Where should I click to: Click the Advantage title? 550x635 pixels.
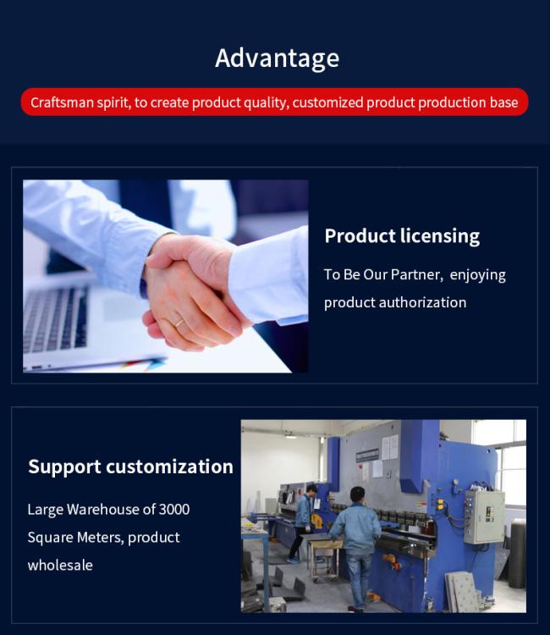278,58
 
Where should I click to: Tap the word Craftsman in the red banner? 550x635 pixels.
63,102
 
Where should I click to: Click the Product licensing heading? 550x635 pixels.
402,236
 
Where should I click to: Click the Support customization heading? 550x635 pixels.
130,467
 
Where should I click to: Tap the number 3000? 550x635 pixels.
174,509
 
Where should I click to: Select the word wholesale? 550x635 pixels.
60,565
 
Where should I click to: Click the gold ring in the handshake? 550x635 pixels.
179,323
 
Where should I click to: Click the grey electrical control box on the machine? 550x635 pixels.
484,516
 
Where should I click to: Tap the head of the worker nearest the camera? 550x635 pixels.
357,495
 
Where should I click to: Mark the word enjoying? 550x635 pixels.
477,275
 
